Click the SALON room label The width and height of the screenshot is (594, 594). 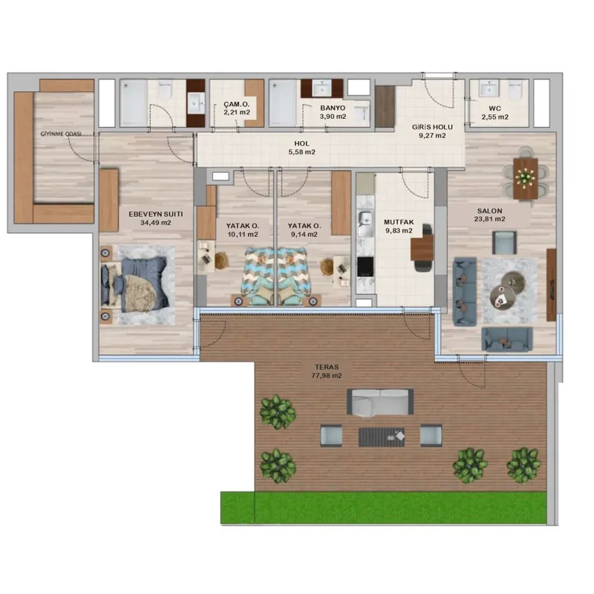coord(489,211)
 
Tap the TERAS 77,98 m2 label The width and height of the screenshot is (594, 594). coord(327,371)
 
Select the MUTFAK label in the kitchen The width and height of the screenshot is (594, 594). coord(399,222)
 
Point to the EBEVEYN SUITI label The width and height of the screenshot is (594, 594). coord(156,214)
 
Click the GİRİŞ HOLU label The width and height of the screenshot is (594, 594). coord(432,127)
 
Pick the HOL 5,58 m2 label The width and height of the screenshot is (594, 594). coord(301,148)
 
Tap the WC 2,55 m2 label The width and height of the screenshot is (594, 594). coord(495,113)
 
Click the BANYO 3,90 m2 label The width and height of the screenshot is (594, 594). coord(333,112)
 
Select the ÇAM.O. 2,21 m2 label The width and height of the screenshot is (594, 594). coord(237,108)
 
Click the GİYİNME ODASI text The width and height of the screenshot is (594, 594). coord(61,134)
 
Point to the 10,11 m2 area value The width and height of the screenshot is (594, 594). coord(243,235)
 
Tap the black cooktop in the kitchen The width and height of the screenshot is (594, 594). coord(365,267)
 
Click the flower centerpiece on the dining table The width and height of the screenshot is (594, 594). coord(526,177)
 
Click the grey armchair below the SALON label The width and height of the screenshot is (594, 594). coord(504,243)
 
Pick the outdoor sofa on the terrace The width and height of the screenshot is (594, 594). coord(380,402)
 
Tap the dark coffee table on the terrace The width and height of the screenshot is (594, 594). coord(382,437)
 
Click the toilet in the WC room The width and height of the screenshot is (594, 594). coord(515,89)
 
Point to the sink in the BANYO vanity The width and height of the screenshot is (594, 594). coord(322,89)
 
